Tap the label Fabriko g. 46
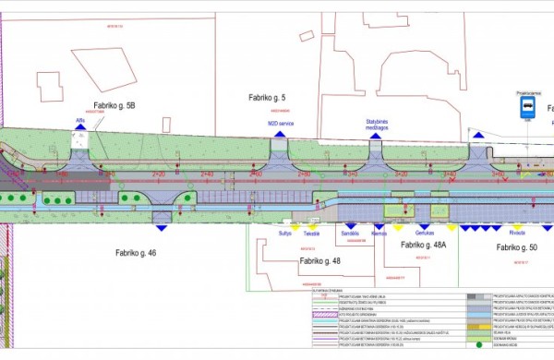click(x=136, y=252)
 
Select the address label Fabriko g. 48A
click(x=424, y=246)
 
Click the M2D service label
click(x=279, y=123)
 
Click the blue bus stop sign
click(x=525, y=108)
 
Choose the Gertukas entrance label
click(x=425, y=234)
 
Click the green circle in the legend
click(x=479, y=345)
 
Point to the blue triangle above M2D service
click(x=279, y=135)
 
